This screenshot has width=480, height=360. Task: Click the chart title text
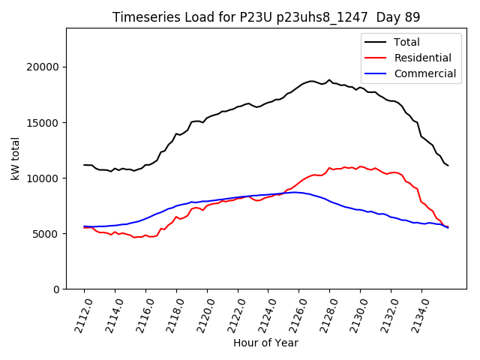(266, 17)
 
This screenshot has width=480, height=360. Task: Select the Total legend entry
(406, 42)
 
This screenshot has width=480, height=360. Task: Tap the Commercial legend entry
(424, 73)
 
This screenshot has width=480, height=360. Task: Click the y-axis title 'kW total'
(16, 158)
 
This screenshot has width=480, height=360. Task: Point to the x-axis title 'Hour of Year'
(265, 343)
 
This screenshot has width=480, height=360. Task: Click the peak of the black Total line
(328, 79)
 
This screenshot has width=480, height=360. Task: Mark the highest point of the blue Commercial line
(297, 192)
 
